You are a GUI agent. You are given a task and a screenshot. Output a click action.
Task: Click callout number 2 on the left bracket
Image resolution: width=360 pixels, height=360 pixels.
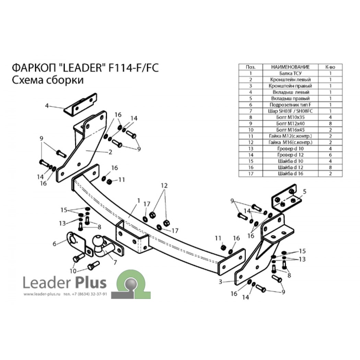click(x=110, y=152)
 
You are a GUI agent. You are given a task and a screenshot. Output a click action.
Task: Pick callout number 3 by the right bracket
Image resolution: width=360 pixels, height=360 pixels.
click(x=220, y=282)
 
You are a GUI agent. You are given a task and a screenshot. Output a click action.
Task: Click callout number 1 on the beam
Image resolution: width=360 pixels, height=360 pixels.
click(x=139, y=201)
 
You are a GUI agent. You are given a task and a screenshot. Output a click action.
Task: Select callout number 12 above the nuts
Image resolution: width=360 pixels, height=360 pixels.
click(x=164, y=185)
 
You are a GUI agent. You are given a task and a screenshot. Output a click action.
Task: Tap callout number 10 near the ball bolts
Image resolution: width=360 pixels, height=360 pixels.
click(x=73, y=271)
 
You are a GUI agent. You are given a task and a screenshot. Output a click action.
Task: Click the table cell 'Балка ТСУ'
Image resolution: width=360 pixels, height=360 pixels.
click(x=290, y=73)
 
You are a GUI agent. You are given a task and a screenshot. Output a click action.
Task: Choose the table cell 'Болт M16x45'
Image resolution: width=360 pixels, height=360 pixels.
click(x=290, y=130)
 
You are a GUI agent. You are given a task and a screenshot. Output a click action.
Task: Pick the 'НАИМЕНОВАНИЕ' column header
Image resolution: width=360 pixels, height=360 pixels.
click(x=290, y=67)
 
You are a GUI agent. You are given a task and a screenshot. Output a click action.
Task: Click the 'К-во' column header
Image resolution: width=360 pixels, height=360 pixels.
click(x=330, y=67)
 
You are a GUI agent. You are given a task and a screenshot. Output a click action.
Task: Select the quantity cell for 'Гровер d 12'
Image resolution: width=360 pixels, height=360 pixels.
click(x=330, y=155)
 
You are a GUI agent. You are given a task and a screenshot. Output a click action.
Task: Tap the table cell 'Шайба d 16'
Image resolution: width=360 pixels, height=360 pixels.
click(x=290, y=173)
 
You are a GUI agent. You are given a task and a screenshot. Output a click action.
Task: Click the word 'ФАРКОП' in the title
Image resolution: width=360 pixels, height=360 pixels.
click(x=33, y=68)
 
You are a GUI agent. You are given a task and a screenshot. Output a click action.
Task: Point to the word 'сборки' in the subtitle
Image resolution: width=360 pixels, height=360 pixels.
click(x=65, y=81)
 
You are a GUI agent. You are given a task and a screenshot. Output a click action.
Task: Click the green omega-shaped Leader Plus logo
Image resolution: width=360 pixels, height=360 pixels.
click(x=131, y=284)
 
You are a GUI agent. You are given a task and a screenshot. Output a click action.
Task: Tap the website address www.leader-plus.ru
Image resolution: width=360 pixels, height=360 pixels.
click(x=42, y=294)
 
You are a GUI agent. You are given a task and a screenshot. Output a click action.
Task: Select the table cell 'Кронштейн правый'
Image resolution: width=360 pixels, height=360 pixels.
click(x=290, y=86)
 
